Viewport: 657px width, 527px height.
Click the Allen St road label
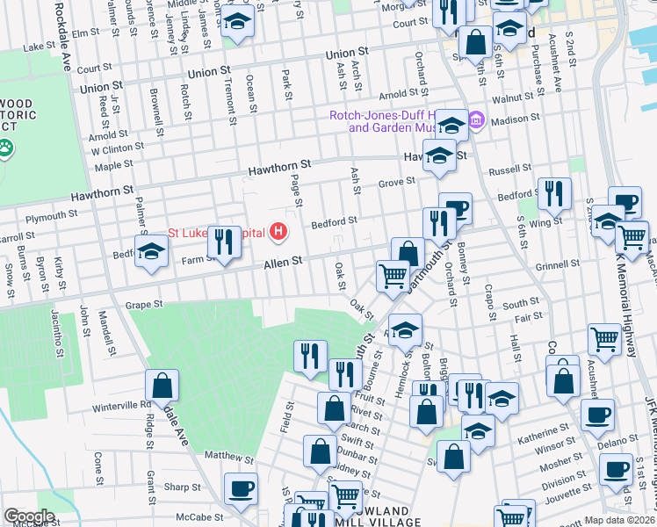(x=283, y=262)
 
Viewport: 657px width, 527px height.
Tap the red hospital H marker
(x=279, y=233)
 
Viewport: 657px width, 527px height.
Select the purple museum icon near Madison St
(x=477, y=119)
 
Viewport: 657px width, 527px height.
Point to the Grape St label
(x=145, y=305)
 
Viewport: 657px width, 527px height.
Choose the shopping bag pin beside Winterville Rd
(x=162, y=385)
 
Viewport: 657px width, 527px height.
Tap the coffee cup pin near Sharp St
(x=241, y=488)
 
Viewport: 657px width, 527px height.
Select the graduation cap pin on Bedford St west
(x=151, y=251)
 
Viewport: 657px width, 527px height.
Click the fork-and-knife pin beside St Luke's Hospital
(x=224, y=241)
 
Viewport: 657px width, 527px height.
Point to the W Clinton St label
(x=118, y=148)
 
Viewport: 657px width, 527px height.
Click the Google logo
(x=29, y=516)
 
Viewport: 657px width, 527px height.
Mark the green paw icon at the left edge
(x=6, y=148)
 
